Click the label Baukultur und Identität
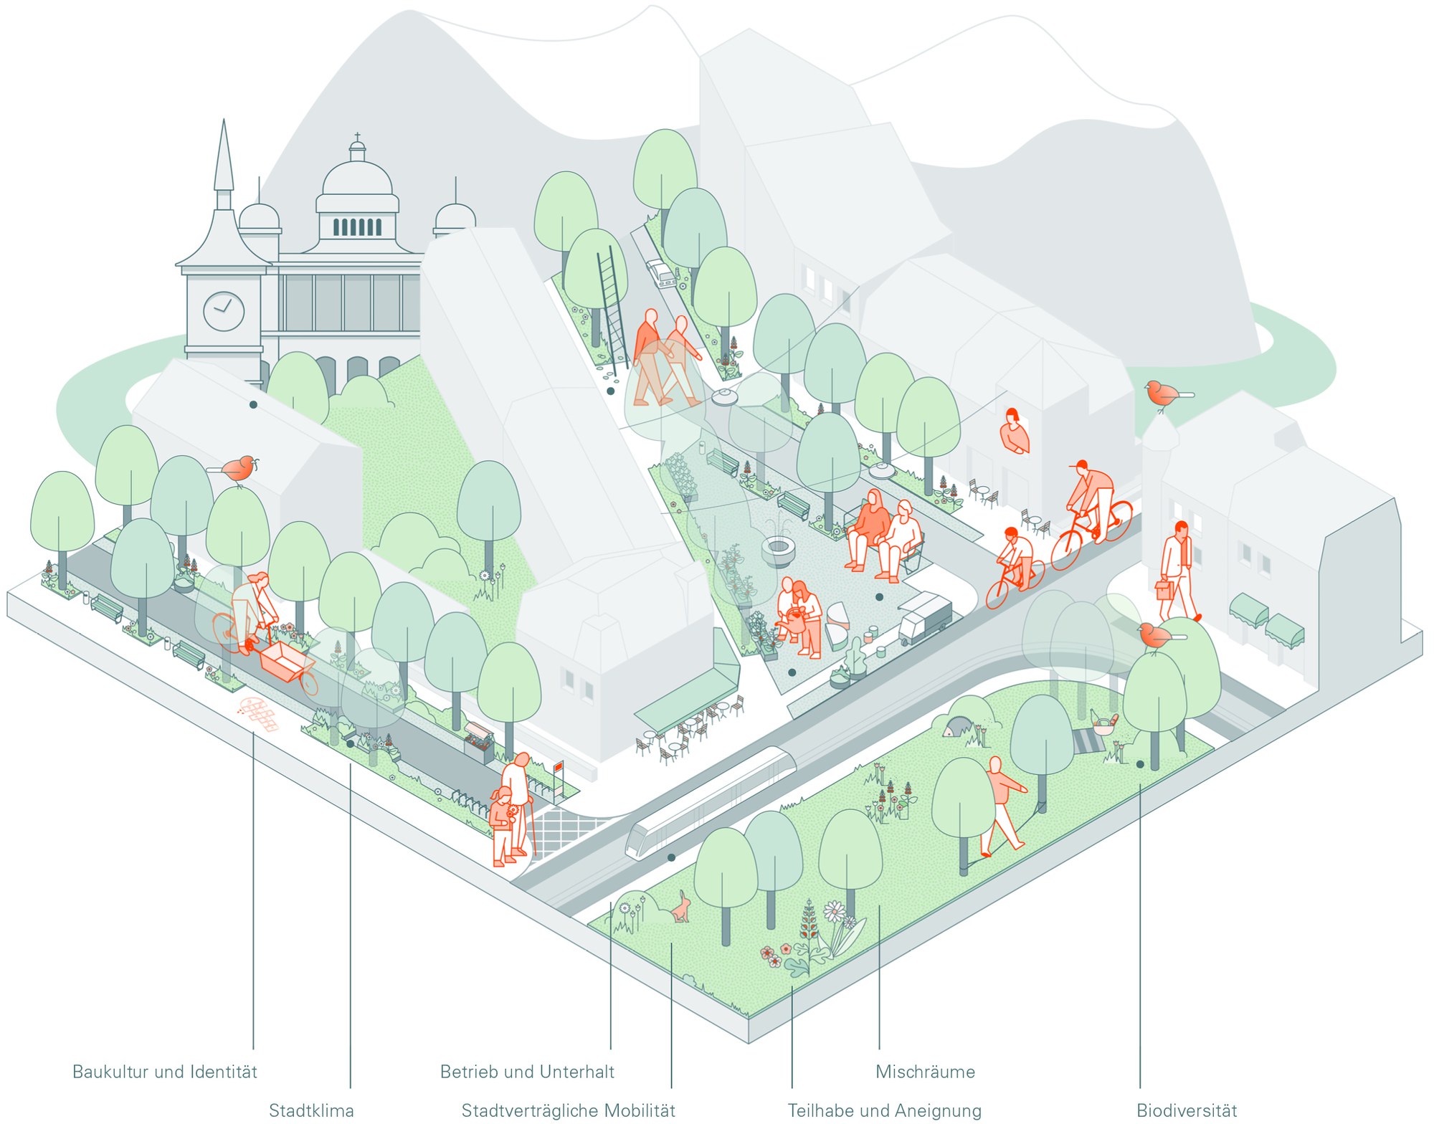(165, 1072)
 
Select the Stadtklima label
(311, 1110)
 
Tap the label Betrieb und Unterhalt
(527, 1072)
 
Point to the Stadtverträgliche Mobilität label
(569, 1110)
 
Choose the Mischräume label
(926, 1072)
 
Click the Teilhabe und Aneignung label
(885, 1110)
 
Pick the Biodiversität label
(1187, 1110)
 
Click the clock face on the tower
(224, 311)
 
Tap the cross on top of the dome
(357, 137)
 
